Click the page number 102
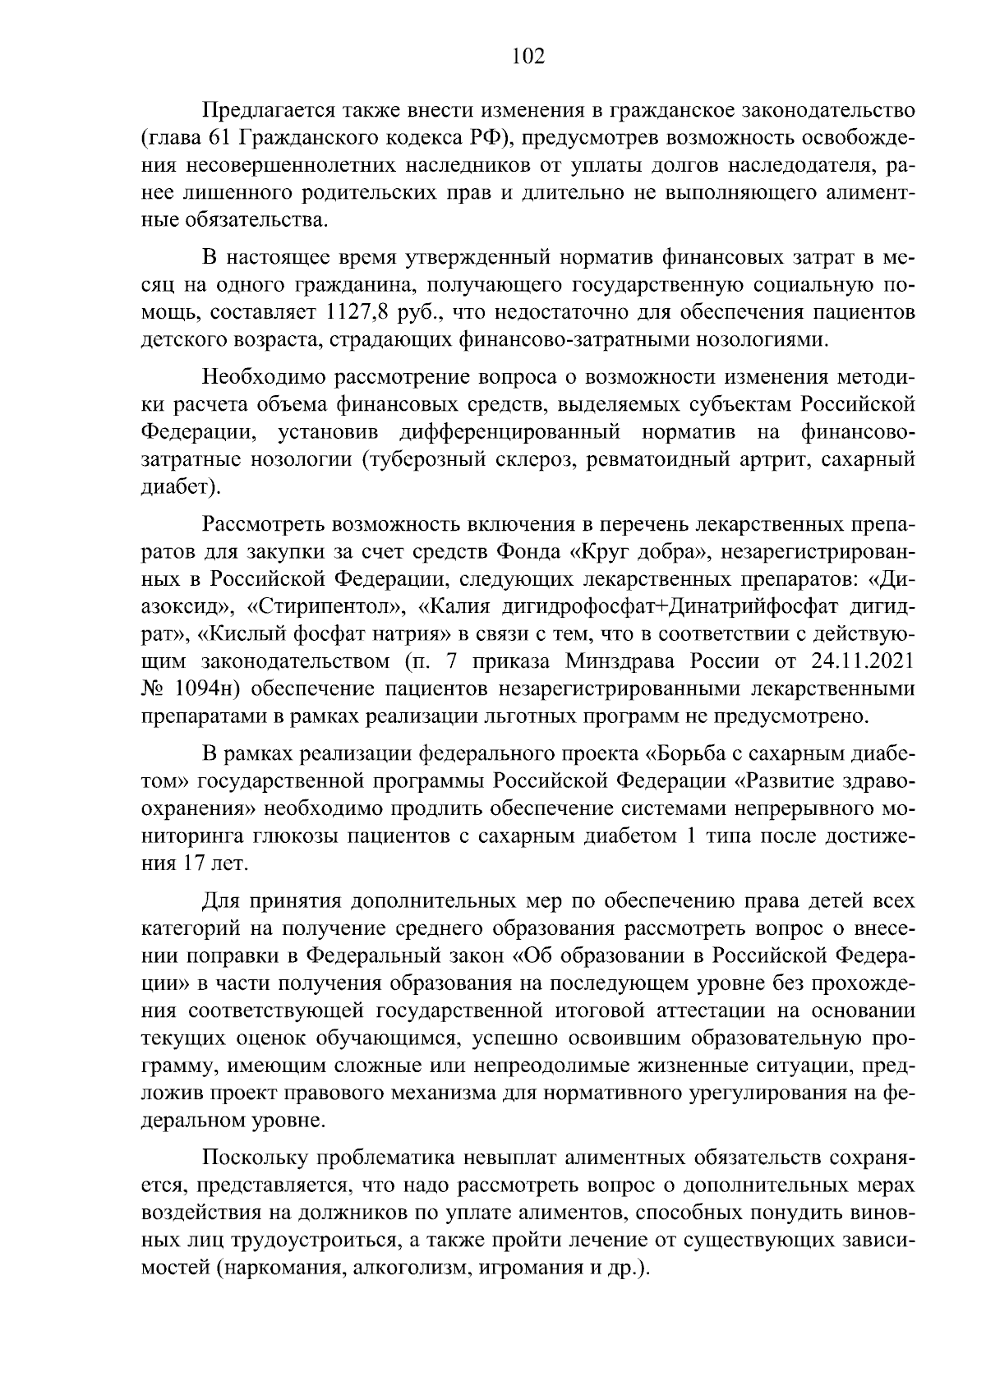528,56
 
